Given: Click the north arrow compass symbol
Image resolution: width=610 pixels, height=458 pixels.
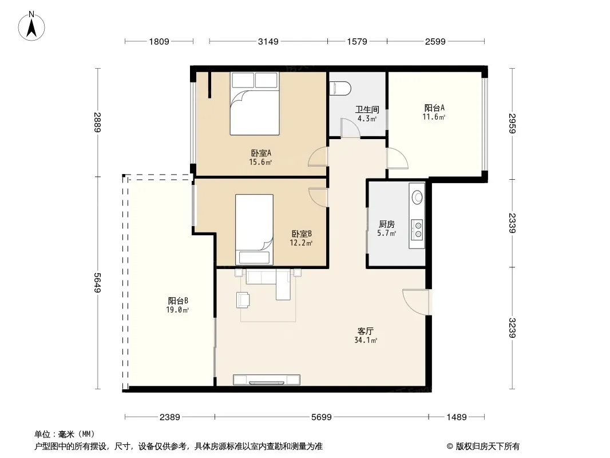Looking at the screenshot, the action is (x=31, y=26).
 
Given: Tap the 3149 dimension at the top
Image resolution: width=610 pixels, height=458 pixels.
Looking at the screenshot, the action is (x=268, y=42).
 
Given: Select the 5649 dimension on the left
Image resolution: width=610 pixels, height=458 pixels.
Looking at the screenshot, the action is (x=97, y=283).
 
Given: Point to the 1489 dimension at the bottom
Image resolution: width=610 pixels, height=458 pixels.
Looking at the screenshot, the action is (x=456, y=417).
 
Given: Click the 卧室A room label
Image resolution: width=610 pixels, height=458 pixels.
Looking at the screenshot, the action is (x=260, y=153).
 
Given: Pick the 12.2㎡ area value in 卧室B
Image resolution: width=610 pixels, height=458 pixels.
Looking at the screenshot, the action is (x=301, y=243).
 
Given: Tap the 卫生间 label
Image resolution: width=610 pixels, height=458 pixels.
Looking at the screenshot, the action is (x=367, y=109).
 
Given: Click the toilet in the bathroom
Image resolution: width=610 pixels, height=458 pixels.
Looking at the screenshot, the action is (x=340, y=88).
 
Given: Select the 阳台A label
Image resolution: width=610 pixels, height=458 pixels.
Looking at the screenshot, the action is (x=434, y=108).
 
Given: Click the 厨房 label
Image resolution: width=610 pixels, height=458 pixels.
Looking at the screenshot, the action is (x=386, y=224).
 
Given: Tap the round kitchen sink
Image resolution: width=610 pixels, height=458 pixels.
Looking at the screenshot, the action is (x=417, y=197).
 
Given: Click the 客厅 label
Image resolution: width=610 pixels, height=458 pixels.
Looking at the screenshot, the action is (x=365, y=331).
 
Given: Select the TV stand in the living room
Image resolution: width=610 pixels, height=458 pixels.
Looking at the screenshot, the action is (x=267, y=380).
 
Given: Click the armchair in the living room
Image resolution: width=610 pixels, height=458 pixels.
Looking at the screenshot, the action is (x=243, y=301).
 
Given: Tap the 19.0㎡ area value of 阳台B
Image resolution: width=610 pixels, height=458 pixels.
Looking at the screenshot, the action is (x=177, y=310).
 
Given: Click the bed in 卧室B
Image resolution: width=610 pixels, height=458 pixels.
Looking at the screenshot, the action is (x=254, y=230).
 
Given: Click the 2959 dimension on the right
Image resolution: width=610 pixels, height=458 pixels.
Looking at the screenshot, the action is (x=512, y=123).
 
